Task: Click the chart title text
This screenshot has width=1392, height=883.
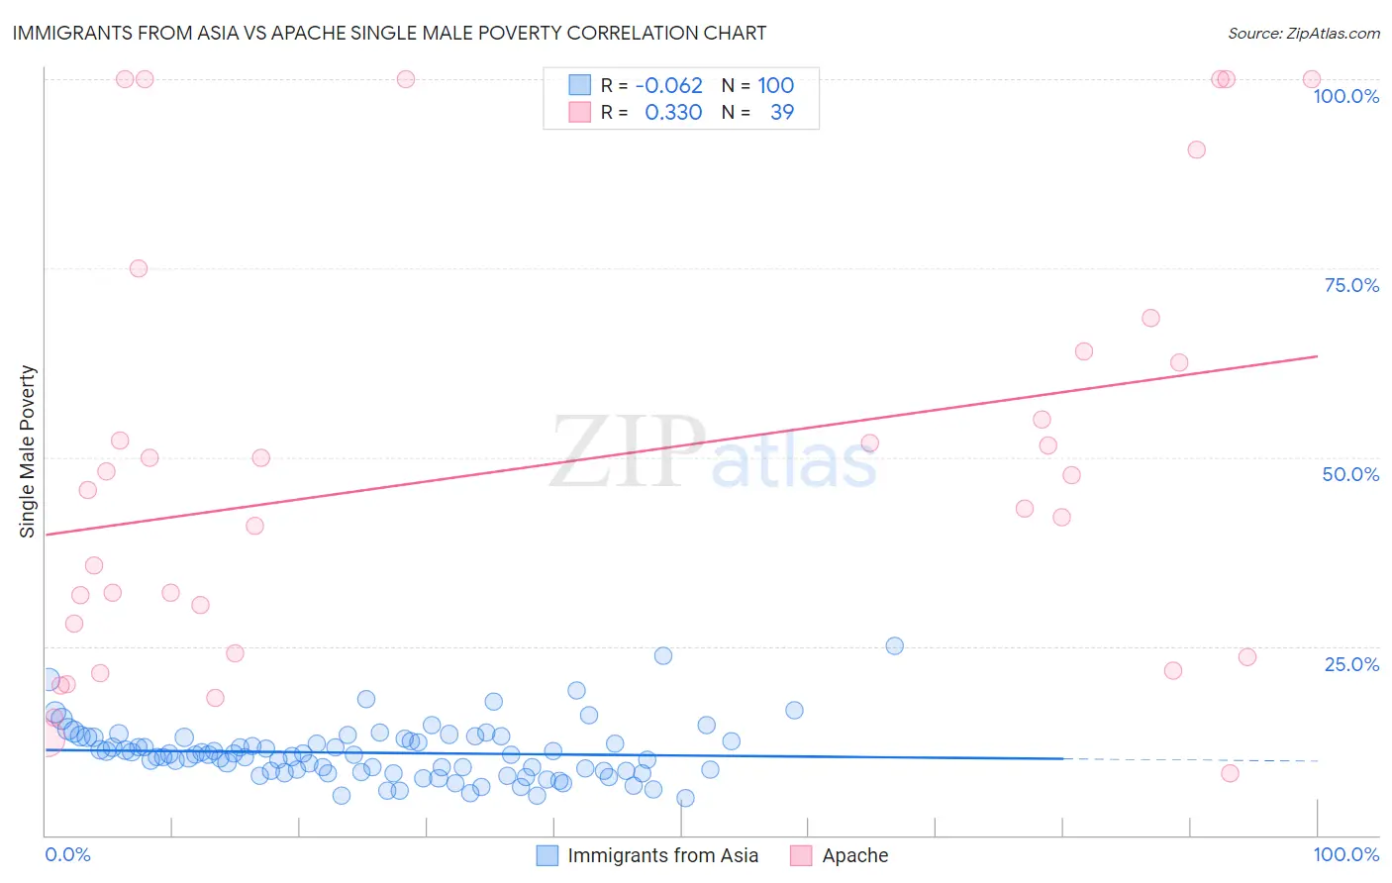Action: pyautogui.click(x=388, y=33)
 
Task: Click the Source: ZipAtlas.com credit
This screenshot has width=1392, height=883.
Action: pyautogui.click(x=1303, y=33)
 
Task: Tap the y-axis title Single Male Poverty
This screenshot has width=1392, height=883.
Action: pyautogui.click(x=28, y=451)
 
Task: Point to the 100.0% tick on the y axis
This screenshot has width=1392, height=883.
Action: pyautogui.click(x=1345, y=96)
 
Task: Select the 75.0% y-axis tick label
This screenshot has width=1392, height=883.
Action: pyautogui.click(x=1351, y=285)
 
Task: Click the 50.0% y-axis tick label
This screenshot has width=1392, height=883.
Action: pyautogui.click(x=1350, y=474)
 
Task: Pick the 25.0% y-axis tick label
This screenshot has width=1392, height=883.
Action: pyautogui.click(x=1351, y=664)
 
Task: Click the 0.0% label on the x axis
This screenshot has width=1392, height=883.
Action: pyautogui.click(x=67, y=854)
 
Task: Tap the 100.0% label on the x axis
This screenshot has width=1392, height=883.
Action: pyautogui.click(x=1345, y=854)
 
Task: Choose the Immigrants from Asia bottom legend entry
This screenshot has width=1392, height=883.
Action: pyautogui.click(x=662, y=855)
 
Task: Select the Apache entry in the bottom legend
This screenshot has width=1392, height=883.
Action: pyautogui.click(x=854, y=855)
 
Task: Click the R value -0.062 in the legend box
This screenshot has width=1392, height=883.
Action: pyautogui.click(x=668, y=85)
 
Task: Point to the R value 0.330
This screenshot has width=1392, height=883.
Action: pyautogui.click(x=673, y=112)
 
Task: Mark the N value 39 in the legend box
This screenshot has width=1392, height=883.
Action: pyautogui.click(x=782, y=112)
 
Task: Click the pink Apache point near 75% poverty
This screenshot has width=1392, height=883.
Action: pyautogui.click(x=139, y=268)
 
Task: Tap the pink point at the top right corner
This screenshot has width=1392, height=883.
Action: pyautogui.click(x=1311, y=79)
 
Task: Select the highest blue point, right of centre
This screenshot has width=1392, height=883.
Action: pyautogui.click(x=894, y=645)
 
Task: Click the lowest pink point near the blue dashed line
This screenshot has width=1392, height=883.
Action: pyautogui.click(x=1230, y=773)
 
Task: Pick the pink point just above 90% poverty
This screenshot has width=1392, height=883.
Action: pyautogui.click(x=1196, y=149)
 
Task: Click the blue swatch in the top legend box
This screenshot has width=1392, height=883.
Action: pyautogui.click(x=579, y=85)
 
